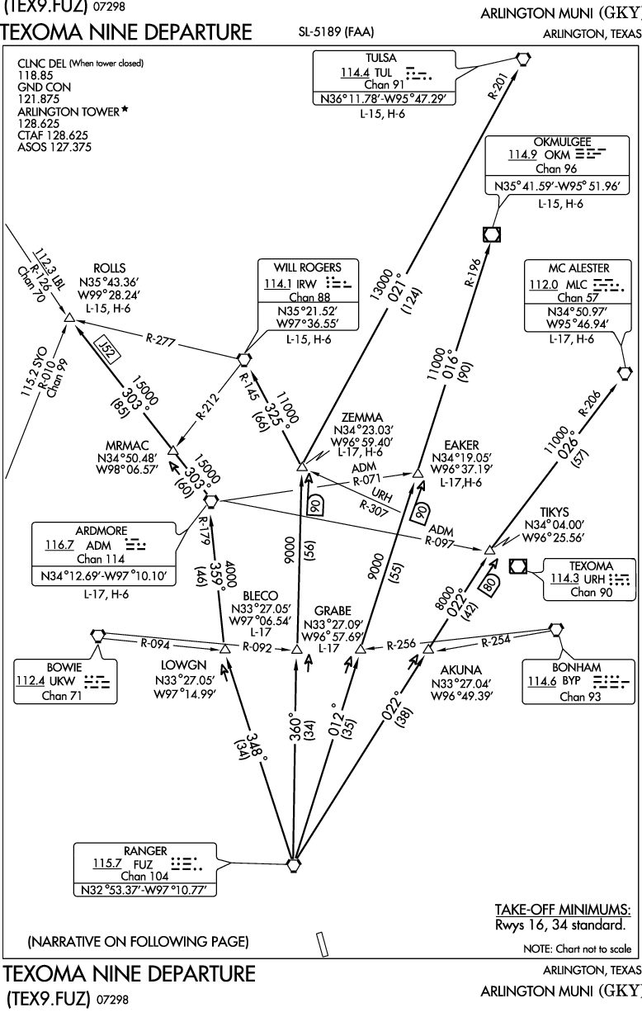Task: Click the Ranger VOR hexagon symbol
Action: [x=293, y=865]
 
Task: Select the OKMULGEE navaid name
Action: [x=539, y=140]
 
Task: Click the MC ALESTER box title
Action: [x=578, y=268]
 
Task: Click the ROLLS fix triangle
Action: [x=70, y=318]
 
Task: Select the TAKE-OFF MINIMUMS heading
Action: [x=563, y=910]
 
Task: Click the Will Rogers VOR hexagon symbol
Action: [x=243, y=359]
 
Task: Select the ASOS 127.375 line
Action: [x=54, y=147]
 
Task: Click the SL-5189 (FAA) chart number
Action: [x=336, y=34]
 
